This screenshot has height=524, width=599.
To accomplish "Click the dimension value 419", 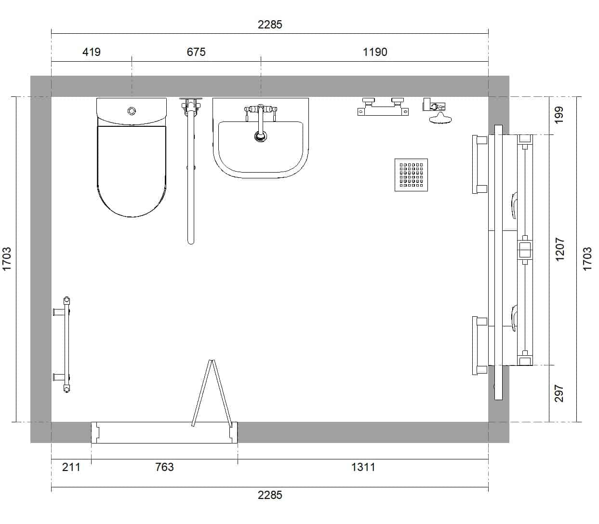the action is click(x=92, y=52).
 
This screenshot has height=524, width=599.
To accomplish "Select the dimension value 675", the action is click(x=196, y=52).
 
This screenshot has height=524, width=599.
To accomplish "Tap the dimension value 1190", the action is click(x=375, y=52).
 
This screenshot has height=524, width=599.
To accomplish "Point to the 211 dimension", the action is click(x=71, y=467).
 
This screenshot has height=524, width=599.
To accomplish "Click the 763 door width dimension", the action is click(x=164, y=467).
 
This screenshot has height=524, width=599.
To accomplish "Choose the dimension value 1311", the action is click(x=363, y=467).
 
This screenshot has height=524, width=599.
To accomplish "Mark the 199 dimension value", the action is click(x=559, y=115).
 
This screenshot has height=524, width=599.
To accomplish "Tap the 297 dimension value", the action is click(x=559, y=393).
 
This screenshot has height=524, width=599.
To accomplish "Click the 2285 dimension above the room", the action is click(x=270, y=25).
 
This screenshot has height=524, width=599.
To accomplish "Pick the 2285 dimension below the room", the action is click(x=270, y=495).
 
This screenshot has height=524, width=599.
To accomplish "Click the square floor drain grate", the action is click(x=411, y=175).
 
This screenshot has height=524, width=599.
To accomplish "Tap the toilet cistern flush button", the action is click(x=132, y=111).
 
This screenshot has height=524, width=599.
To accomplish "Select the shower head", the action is click(x=440, y=119).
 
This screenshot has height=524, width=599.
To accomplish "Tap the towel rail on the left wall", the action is click(x=67, y=344).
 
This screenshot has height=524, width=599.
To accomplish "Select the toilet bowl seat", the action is click(x=132, y=171).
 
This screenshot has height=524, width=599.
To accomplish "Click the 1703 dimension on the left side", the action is click(x=6, y=259).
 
